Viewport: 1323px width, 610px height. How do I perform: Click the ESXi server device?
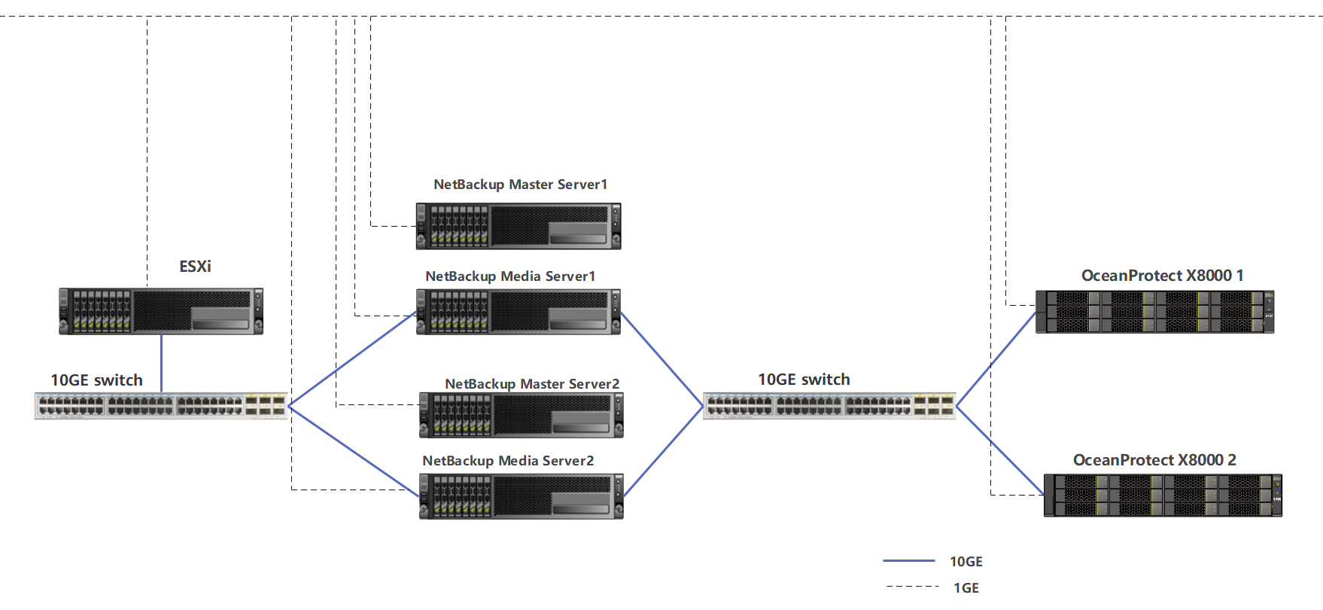point(161,310)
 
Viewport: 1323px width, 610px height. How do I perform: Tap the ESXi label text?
point(195,267)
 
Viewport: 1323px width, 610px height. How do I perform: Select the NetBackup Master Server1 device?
point(519,226)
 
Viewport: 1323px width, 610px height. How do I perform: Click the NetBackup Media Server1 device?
point(519,311)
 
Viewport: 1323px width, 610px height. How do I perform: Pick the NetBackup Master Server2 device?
point(521,415)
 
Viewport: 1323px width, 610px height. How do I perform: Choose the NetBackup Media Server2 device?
point(521,496)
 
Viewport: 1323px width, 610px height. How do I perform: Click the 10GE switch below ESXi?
point(161,406)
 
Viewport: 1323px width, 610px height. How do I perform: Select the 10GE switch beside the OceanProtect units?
point(829,406)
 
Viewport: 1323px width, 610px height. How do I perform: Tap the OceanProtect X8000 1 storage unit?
point(1154,312)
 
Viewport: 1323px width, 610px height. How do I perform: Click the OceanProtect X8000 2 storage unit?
point(1163,495)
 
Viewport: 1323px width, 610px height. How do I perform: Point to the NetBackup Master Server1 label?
point(520,185)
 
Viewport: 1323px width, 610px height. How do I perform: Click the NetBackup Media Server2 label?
point(508,461)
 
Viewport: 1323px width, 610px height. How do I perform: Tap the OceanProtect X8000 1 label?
point(1162,276)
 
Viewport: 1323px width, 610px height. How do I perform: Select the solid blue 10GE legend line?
point(908,561)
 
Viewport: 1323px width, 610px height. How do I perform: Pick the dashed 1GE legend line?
point(912,586)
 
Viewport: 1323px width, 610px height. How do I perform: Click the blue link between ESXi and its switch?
point(162,363)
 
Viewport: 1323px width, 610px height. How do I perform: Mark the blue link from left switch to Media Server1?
point(352,359)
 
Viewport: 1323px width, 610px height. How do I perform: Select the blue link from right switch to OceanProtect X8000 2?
point(999,450)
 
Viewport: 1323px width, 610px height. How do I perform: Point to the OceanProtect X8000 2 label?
point(1154,460)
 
